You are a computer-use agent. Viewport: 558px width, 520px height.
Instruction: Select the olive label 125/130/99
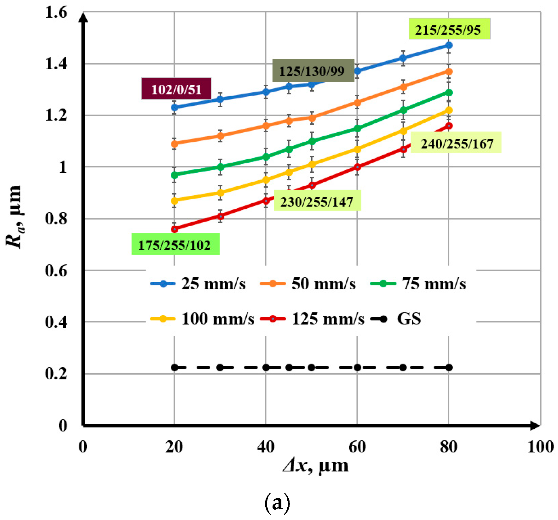313,71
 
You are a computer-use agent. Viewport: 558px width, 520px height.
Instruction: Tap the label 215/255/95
449,29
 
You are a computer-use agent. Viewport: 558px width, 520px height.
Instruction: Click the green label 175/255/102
175,244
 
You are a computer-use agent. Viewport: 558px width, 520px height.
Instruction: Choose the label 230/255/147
317,201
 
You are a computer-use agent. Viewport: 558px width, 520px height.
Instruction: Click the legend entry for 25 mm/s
198,284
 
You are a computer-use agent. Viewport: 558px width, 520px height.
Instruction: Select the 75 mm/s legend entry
418,284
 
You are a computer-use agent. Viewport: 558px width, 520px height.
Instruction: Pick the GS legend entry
396,319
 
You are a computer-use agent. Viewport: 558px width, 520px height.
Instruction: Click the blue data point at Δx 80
449,45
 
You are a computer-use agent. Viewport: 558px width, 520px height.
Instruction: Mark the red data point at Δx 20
174,229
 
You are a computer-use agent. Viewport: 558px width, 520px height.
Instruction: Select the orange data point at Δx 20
174,144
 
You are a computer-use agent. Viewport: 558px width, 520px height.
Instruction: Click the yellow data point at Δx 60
357,149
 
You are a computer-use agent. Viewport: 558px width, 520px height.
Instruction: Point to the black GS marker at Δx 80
449,367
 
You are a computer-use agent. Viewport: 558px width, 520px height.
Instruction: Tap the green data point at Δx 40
266,157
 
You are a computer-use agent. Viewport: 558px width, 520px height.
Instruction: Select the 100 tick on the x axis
540,447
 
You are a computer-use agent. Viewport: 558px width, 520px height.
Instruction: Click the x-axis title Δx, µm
315,466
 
